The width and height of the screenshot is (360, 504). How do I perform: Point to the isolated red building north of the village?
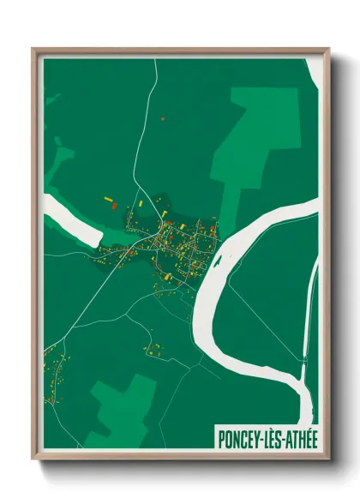[162, 117]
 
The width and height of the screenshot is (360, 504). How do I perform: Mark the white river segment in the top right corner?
[315, 73]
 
